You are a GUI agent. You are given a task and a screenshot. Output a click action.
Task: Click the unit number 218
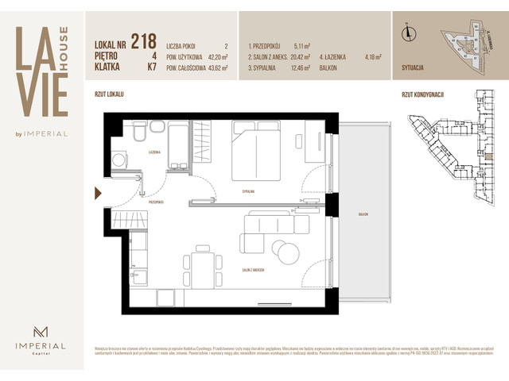[143, 42]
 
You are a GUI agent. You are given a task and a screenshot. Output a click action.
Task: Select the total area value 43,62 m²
[214, 68]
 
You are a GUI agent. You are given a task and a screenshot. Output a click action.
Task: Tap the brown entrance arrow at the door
[98, 193]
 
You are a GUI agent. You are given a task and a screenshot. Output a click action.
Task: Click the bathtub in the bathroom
[177, 144]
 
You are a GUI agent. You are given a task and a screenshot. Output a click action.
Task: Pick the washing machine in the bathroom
[119, 160]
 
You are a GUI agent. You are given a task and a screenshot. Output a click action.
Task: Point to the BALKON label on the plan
[363, 214]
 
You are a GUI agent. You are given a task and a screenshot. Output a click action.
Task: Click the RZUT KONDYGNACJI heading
[422, 94]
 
